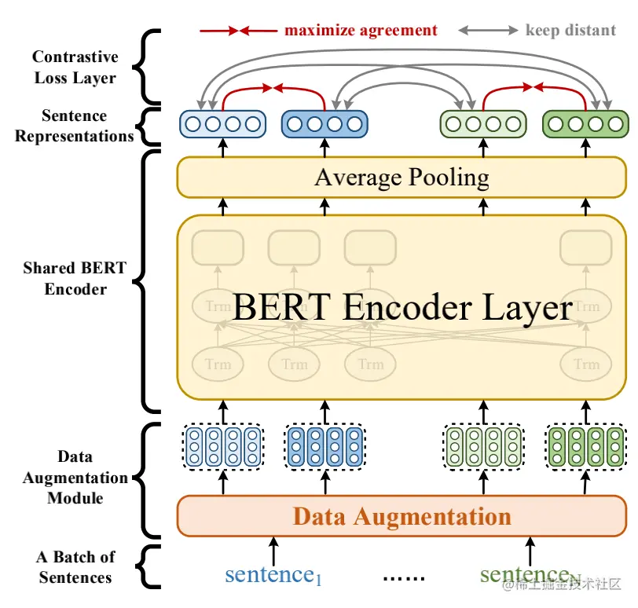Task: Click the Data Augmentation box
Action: pyautogui.click(x=401, y=516)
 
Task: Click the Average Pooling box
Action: pyautogui.click(x=401, y=177)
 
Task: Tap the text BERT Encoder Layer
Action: pyautogui.click(x=401, y=307)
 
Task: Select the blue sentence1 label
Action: pyautogui.click(x=273, y=575)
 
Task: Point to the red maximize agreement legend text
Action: pyautogui.click(x=361, y=31)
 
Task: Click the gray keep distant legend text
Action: pyautogui.click(x=570, y=31)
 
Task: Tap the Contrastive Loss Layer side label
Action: pyautogui.click(x=75, y=67)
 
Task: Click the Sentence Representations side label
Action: pyautogui.click(x=75, y=126)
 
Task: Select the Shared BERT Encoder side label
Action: pyautogui.click(x=75, y=278)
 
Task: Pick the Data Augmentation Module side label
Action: pyautogui.click(x=75, y=477)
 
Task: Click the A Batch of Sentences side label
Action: pyautogui.click(x=75, y=567)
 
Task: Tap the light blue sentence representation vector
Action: pyautogui.click(x=222, y=124)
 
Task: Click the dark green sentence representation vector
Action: pyautogui.click(x=585, y=124)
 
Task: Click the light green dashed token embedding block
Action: pyautogui.click(x=482, y=445)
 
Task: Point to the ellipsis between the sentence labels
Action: pyautogui.click(x=404, y=577)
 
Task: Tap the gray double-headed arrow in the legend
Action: pyautogui.click(x=489, y=31)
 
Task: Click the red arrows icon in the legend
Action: pyautogui.click(x=238, y=31)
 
